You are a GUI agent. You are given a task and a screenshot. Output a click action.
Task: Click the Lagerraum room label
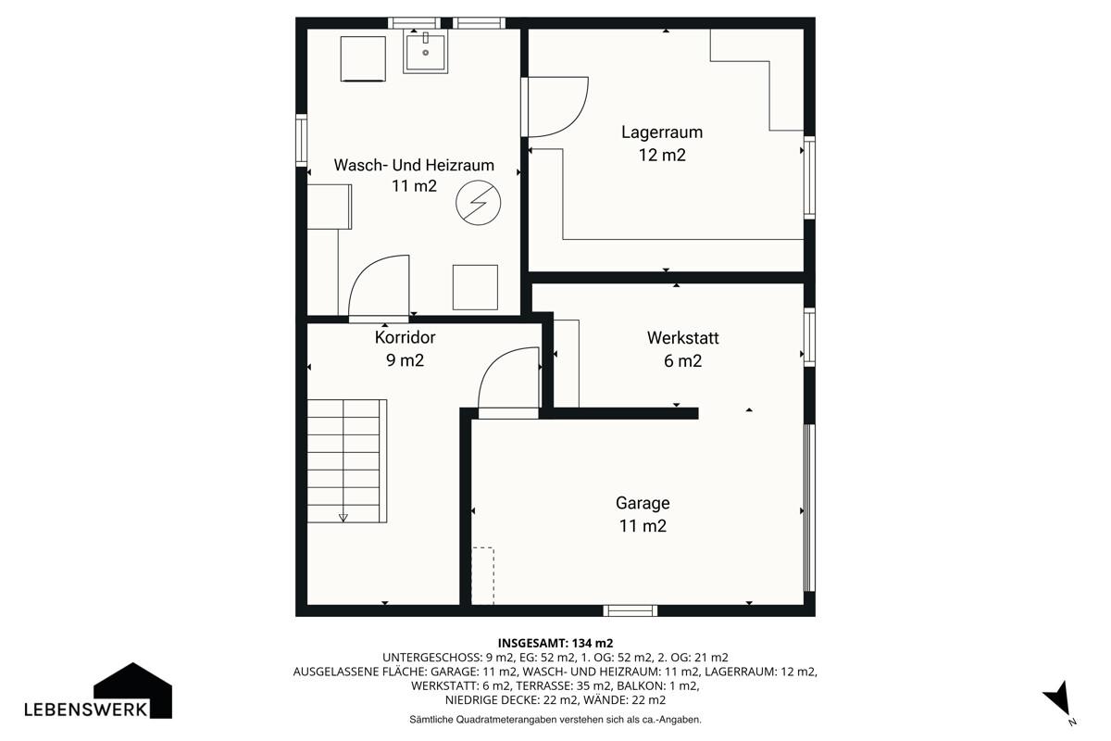(x=662, y=132)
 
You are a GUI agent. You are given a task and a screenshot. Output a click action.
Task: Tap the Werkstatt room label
(x=682, y=338)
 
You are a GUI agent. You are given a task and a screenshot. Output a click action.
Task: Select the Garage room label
(x=643, y=503)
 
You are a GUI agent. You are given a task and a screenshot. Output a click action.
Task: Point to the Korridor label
(x=405, y=337)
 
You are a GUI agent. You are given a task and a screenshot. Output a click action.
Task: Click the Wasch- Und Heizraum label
(x=414, y=165)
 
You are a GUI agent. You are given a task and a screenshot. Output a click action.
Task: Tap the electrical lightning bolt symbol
(x=478, y=203)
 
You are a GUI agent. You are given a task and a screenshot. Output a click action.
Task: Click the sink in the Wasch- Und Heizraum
(x=425, y=51)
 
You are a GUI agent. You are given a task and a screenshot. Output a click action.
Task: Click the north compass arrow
(x=1058, y=698)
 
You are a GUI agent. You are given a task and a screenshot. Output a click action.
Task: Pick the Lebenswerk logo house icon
(x=133, y=690)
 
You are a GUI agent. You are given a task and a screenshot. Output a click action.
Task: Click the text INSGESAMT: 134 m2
(x=555, y=643)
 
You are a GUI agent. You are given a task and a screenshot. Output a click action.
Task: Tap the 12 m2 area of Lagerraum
(x=662, y=155)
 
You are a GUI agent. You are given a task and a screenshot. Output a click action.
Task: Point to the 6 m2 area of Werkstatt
(x=682, y=361)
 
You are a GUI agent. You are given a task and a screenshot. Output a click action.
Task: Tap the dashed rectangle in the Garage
(x=482, y=576)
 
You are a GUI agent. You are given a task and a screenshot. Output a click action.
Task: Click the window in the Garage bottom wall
(x=630, y=610)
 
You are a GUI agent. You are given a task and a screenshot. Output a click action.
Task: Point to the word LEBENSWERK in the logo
(x=86, y=710)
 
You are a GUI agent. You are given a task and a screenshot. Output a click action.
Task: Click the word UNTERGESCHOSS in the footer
(x=431, y=658)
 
